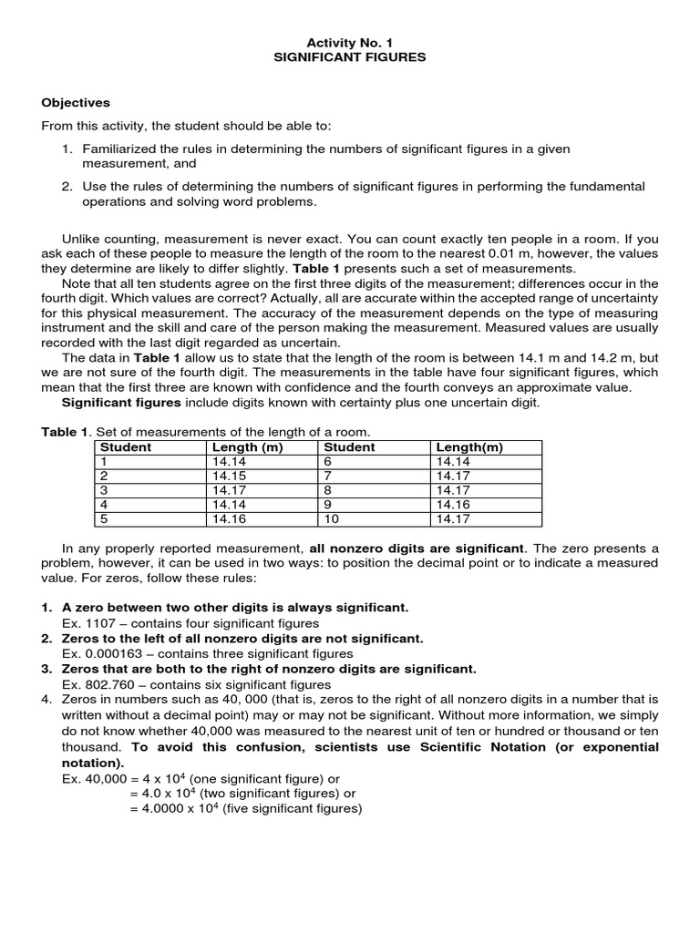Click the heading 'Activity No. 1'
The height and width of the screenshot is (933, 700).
coord(350,42)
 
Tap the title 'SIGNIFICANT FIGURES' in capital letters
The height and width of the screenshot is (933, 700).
coord(350,56)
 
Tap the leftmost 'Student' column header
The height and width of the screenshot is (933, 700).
coord(126,447)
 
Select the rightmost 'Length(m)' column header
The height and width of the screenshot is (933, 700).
coord(469,447)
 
